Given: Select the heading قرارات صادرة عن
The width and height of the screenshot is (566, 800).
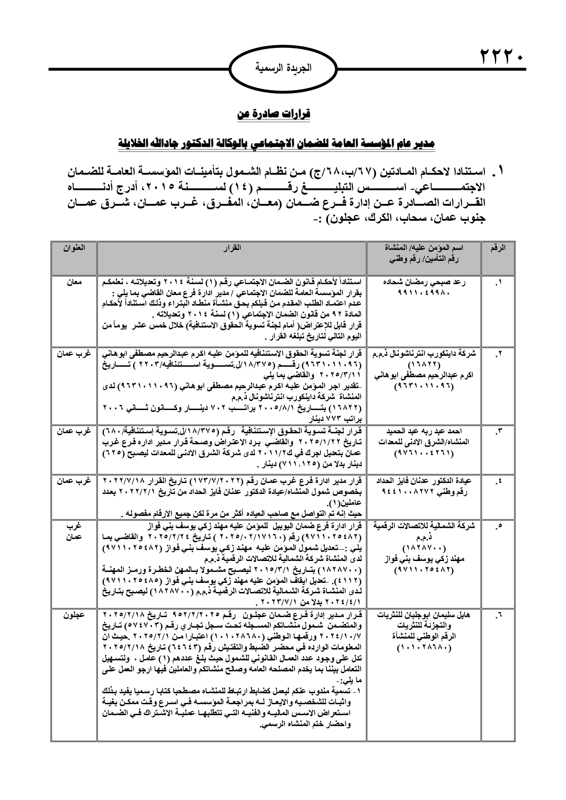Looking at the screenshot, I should [x=274, y=114].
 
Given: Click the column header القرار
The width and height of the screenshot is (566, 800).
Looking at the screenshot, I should [x=232, y=248].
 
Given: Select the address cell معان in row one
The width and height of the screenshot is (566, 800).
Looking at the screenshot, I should [x=73, y=282].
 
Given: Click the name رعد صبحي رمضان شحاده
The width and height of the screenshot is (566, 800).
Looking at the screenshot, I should [x=424, y=282].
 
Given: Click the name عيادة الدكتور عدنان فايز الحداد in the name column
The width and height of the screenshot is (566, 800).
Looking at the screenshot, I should [x=424, y=481].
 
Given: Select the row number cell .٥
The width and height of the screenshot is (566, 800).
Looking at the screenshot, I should [x=498, y=526].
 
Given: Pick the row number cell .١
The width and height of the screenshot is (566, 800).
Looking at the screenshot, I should [x=498, y=282].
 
